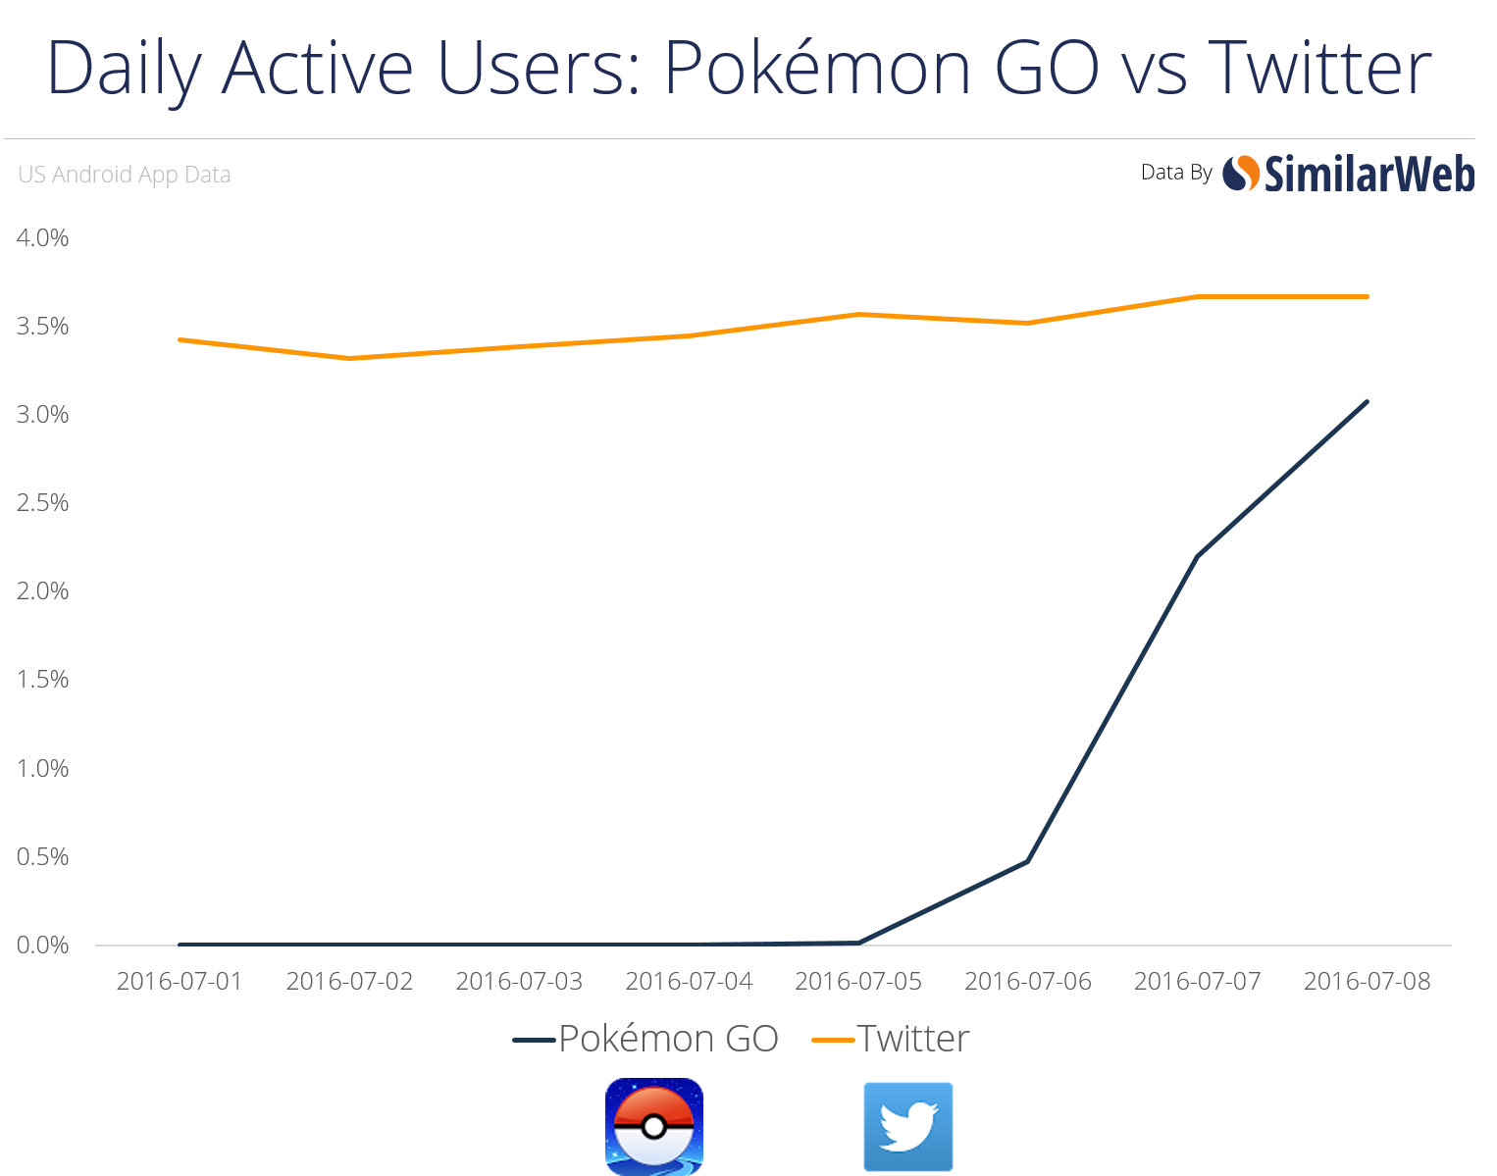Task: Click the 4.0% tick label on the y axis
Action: click(42, 237)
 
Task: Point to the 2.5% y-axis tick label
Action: click(42, 503)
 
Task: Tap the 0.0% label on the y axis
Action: click(42, 945)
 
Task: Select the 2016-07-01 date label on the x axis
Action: click(180, 981)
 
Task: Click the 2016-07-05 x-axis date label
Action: click(858, 981)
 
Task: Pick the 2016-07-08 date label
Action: click(1368, 981)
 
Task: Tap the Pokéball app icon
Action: click(654, 1126)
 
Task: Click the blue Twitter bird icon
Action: click(907, 1126)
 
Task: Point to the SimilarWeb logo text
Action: click(1368, 175)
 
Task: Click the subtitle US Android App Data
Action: click(125, 175)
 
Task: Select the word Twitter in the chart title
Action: click(1319, 69)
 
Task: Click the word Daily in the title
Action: click(123, 69)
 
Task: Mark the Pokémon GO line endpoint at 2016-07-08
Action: click(1367, 401)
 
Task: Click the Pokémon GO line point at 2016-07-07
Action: click(1198, 556)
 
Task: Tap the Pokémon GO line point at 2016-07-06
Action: click(1027, 861)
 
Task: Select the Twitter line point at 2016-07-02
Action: click(349, 358)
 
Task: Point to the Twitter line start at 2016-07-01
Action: click(180, 339)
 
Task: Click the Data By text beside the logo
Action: click(1176, 173)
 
